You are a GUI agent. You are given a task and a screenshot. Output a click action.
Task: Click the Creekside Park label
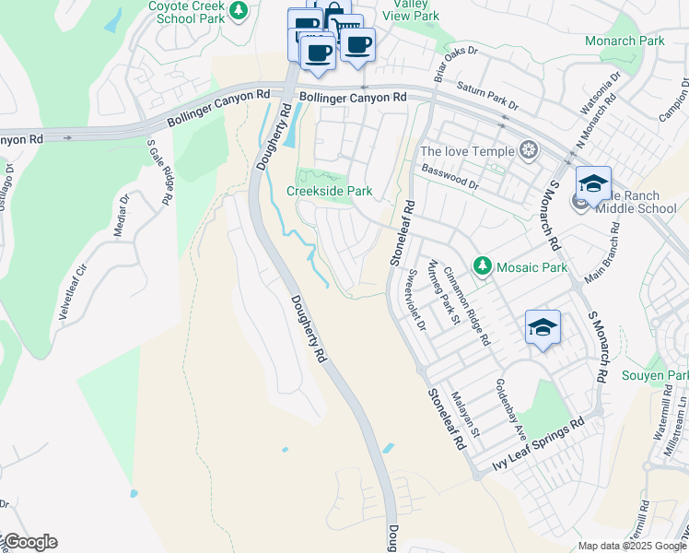(x=329, y=191)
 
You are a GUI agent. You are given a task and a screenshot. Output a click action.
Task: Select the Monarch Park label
(x=624, y=41)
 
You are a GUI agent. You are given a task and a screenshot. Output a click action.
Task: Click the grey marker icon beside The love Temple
(x=528, y=150)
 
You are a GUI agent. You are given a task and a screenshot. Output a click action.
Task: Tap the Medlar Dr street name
(x=122, y=216)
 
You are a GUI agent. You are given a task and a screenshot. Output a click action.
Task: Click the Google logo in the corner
(x=29, y=542)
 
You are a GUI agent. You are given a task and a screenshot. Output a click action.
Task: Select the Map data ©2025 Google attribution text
(x=631, y=546)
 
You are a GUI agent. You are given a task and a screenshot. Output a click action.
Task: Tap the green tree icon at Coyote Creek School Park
(x=239, y=10)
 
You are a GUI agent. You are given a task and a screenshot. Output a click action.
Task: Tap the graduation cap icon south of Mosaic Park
(x=543, y=328)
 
